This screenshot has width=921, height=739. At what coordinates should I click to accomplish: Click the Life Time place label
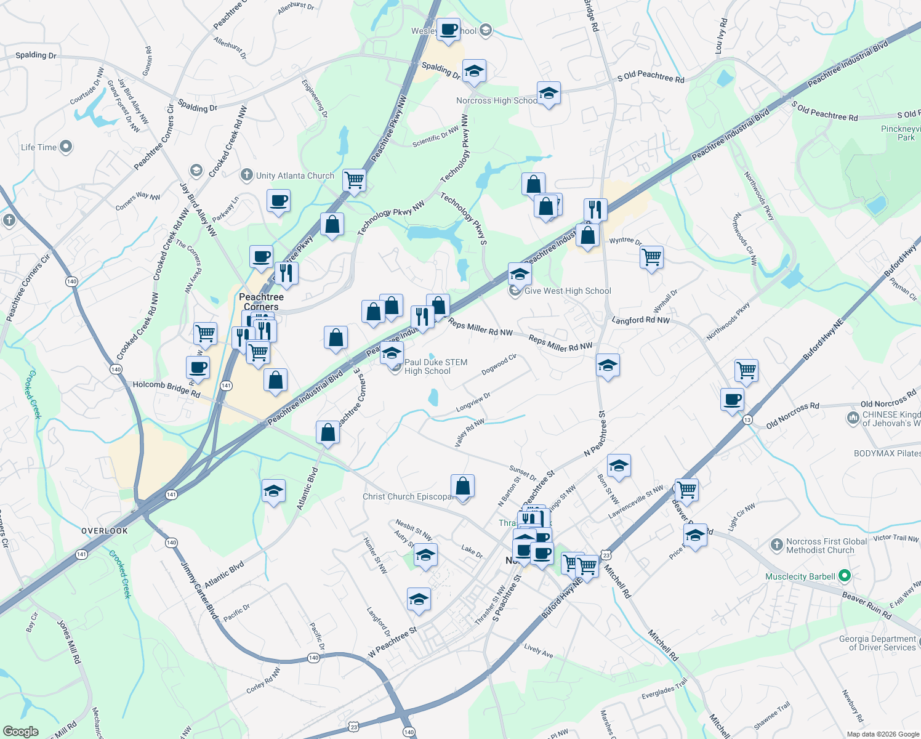[x=39, y=147]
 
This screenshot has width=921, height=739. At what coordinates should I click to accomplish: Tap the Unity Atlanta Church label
[x=295, y=176]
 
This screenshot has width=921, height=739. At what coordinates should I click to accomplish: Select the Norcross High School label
[x=496, y=100]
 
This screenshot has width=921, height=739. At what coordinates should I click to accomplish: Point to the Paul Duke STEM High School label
[x=435, y=366]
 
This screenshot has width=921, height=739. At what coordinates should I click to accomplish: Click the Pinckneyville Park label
[x=901, y=133]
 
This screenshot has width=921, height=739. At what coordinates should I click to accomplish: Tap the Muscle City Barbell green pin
[x=845, y=576]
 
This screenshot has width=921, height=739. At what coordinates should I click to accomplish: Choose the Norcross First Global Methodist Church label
[x=826, y=546]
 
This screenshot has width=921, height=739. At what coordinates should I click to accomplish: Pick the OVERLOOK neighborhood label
[x=105, y=531]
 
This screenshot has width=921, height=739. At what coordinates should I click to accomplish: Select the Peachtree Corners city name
[x=261, y=302]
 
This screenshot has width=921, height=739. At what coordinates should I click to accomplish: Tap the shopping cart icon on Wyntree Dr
[x=651, y=256]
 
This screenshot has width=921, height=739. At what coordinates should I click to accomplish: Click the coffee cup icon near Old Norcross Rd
[x=733, y=400]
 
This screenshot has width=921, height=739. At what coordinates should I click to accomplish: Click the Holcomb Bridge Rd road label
[x=166, y=389]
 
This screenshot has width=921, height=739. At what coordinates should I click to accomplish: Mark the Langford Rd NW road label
[x=640, y=320]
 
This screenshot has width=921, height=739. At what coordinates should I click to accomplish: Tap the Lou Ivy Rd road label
[x=721, y=36]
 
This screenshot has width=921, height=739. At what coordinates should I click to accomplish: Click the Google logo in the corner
[x=20, y=731]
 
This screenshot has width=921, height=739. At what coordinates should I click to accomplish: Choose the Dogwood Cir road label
[x=499, y=365]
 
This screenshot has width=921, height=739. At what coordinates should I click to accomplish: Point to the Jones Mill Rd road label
[x=68, y=641]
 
